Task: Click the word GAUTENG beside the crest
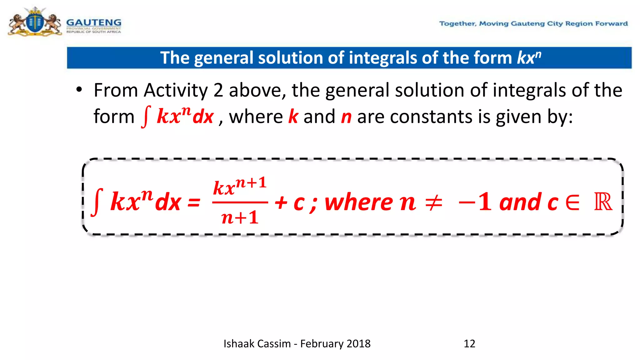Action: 93,22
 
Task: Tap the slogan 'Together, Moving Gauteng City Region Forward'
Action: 533,24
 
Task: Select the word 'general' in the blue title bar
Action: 223,58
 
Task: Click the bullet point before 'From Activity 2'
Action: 79,90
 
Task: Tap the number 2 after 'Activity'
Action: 218,91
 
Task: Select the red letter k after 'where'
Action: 293,117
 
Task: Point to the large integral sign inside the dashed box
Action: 97,202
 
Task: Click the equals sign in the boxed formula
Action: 194,203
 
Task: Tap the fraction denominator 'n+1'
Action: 240,217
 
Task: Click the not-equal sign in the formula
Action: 434,202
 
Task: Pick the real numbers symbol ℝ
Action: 603,202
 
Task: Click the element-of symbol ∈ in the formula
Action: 572,202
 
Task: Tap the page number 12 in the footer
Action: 469,344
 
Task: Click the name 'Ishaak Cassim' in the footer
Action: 257,344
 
